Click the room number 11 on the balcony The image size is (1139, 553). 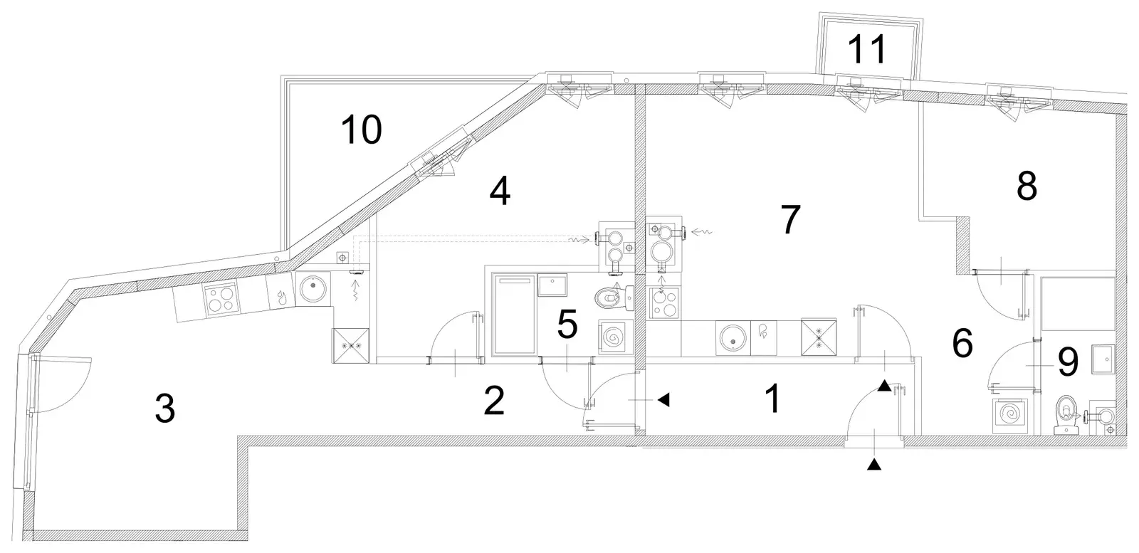click(x=868, y=49)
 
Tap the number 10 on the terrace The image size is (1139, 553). click(x=361, y=130)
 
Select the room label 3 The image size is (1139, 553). click(x=165, y=409)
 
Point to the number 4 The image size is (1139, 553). click(x=500, y=192)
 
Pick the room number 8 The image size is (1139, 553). click(x=1027, y=186)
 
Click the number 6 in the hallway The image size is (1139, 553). click(x=962, y=344)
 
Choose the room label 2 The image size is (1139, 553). click(x=494, y=401)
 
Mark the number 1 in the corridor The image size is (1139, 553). click(x=773, y=399)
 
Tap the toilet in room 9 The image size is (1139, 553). click(x=1067, y=415)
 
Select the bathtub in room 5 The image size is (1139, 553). click(x=514, y=314)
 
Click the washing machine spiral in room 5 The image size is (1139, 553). click(x=615, y=337)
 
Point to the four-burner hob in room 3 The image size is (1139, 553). click(x=221, y=297)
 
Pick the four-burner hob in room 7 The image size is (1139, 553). click(x=663, y=303)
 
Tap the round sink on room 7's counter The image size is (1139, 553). click(x=733, y=337)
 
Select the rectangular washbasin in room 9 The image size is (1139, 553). click(x=1103, y=359)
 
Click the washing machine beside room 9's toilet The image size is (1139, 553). click(x=1010, y=416)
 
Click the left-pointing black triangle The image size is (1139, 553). click(x=663, y=400)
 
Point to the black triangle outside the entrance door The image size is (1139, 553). click(x=873, y=463)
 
